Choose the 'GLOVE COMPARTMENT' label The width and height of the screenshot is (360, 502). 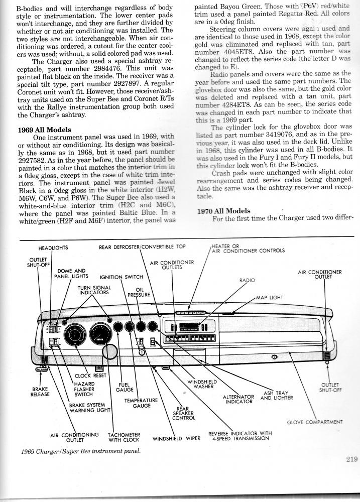(x=315, y=422)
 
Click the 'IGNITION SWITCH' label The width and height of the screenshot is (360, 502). (x=122, y=277)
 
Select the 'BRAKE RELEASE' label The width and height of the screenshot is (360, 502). (x=40, y=392)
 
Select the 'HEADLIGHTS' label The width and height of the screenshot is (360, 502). (x=53, y=247)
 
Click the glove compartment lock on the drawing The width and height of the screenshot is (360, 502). (x=274, y=356)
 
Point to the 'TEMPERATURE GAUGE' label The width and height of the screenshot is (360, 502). (x=142, y=404)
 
